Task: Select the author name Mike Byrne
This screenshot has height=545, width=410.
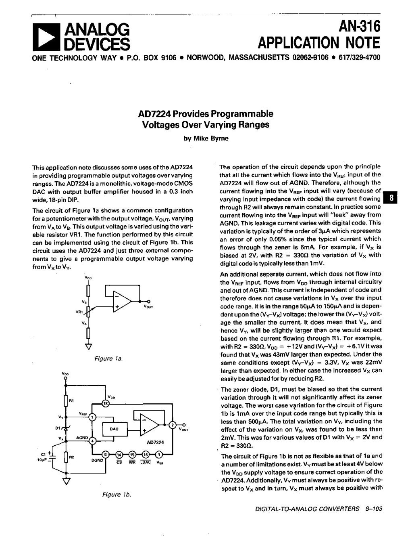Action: tap(206, 138)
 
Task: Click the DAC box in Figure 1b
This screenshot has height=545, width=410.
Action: tap(114, 429)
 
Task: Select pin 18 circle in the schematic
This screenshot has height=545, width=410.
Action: tap(106, 403)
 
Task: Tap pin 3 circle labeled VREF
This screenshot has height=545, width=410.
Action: tap(93, 417)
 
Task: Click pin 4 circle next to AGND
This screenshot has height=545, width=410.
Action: tap(93, 441)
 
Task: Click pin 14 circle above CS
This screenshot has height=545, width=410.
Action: tap(119, 455)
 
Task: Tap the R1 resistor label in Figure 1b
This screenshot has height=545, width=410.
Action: tap(71, 400)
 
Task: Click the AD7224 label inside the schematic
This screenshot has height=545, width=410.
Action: tap(155, 442)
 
